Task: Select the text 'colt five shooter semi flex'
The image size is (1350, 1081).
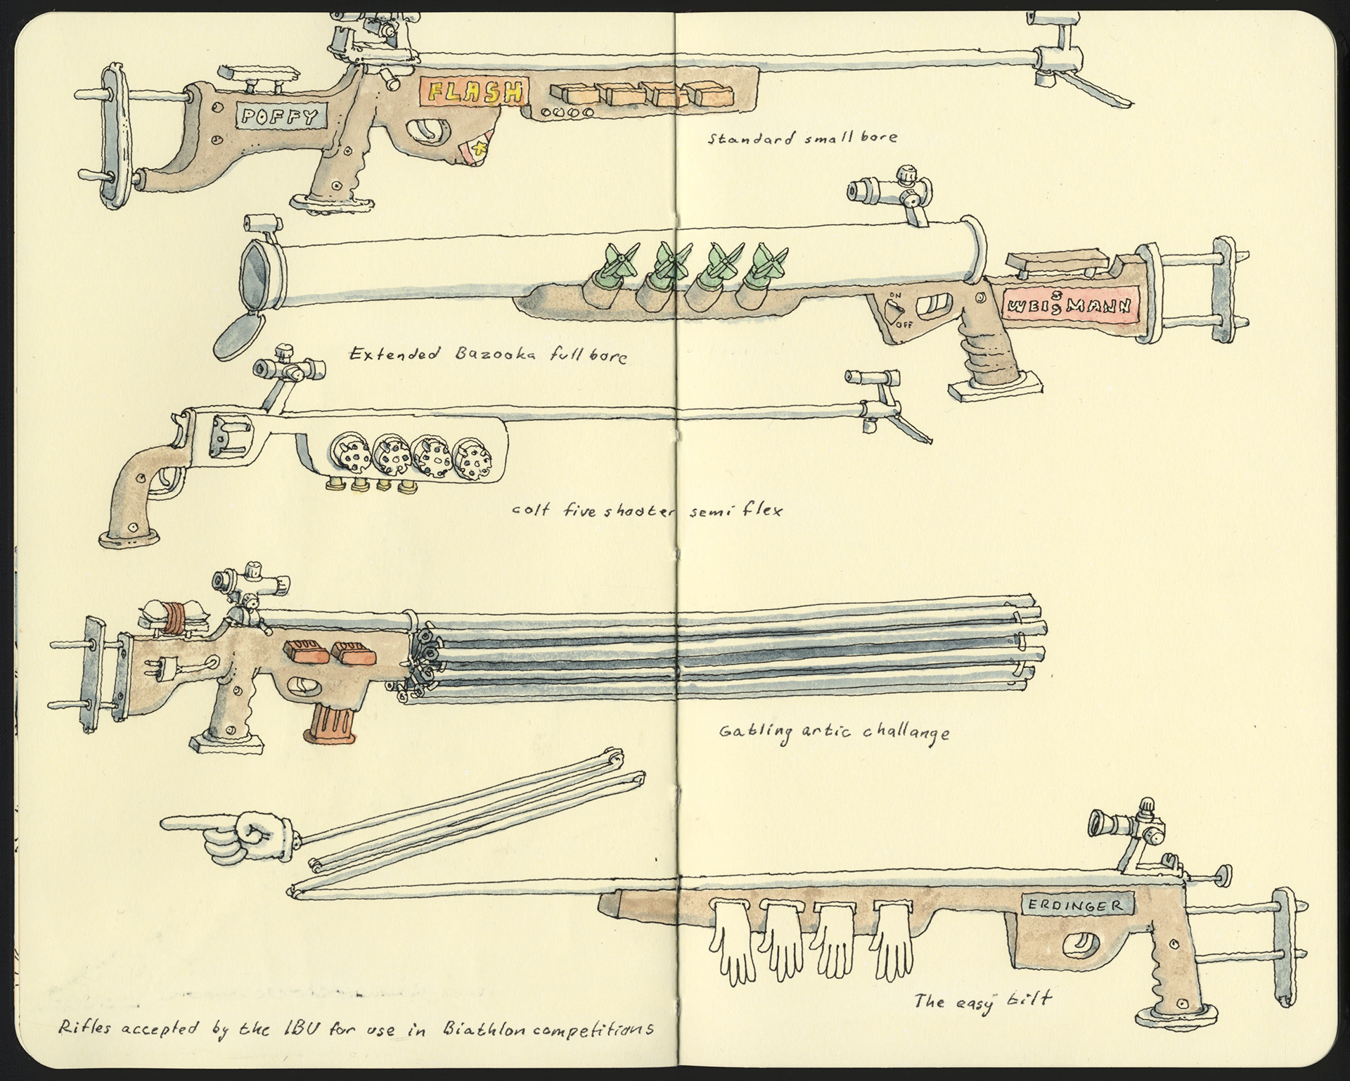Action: point(646,511)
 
